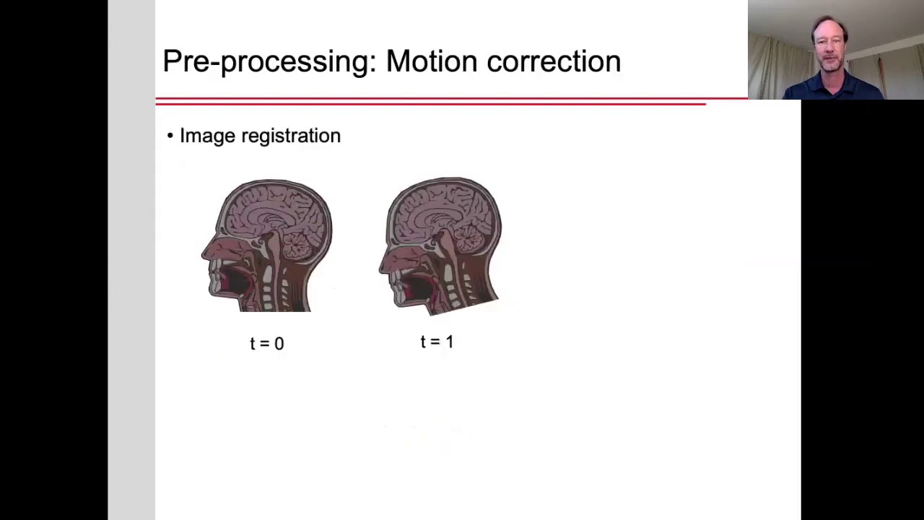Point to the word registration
pyautogui.click(x=290, y=136)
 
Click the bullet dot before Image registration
pyautogui.click(x=170, y=136)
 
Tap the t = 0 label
pyautogui.click(x=267, y=343)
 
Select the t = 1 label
pyautogui.click(x=437, y=341)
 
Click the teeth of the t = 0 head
pyautogui.click(x=215, y=278)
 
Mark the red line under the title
pyautogui.click(x=433, y=101)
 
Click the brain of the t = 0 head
pyautogui.click(x=274, y=209)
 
